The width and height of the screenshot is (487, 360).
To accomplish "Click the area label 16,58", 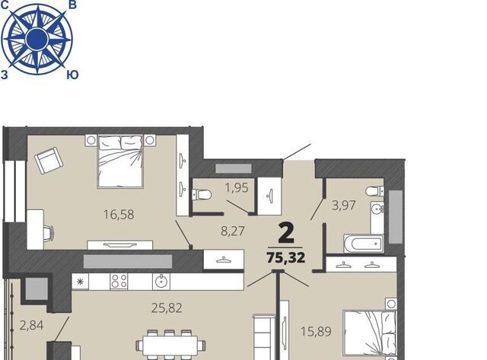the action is coord(119,215).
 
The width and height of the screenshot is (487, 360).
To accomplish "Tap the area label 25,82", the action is coord(167,308).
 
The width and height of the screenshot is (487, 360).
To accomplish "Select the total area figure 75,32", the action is coord(286,257).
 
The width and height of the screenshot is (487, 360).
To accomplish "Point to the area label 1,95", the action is coord(237,187).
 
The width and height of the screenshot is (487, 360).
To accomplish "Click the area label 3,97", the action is coord(343,205).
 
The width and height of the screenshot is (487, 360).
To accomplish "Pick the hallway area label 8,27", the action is coord(233,231).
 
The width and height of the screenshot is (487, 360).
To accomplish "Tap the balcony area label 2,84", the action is coord(31,326).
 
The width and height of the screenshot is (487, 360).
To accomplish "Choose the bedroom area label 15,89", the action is coord(317,331).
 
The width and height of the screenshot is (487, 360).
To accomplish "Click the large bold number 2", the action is coord(286,233).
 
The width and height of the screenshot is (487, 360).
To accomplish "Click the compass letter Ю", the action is coord(72,75).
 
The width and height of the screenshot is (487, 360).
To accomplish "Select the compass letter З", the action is coord(5,75).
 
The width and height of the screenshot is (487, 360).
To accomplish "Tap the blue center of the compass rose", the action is coord(37,39).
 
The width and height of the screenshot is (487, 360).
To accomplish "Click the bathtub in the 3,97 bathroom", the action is coord(364,244).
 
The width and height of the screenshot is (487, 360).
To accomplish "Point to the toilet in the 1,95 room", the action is coord(202,195).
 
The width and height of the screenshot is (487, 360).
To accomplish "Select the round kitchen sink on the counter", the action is coord(161,282).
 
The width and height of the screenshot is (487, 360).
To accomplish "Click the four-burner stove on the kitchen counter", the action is coord(119,281).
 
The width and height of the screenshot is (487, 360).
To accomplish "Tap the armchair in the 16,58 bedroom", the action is coord(49,161).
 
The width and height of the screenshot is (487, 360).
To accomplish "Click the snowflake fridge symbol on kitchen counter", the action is coord(81,282).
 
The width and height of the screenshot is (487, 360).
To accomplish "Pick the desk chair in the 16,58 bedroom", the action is coord(48,233).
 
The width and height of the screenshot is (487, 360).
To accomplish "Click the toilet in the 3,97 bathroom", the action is coord(374,191).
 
